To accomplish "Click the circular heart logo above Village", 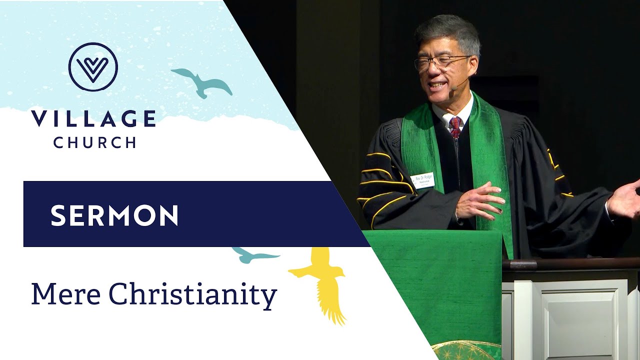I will pyautogui.click(x=93, y=67).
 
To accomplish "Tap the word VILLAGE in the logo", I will pyautogui.click(x=93, y=118).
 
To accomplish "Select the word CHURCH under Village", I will pyautogui.click(x=94, y=142).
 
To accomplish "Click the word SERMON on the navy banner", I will pyautogui.click(x=114, y=215).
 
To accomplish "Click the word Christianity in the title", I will pyautogui.click(x=192, y=295).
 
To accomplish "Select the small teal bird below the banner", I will pyautogui.click(x=253, y=255).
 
